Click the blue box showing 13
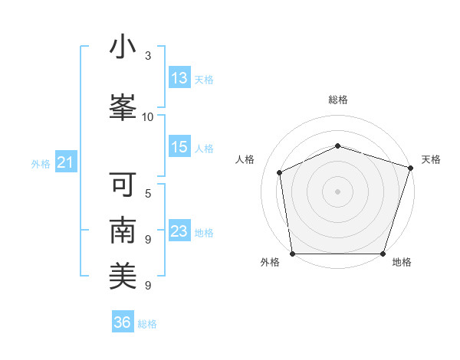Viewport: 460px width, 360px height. (x=179, y=78)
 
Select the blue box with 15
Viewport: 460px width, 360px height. (x=179, y=148)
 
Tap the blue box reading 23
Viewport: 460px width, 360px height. (x=179, y=231)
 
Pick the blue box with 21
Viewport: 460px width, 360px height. (x=66, y=162)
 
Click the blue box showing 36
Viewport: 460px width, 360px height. (x=123, y=322)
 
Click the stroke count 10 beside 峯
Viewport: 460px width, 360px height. (x=148, y=117)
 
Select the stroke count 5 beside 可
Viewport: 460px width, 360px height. (x=148, y=193)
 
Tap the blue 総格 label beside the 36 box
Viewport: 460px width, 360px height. (x=147, y=324)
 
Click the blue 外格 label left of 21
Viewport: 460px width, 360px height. (x=41, y=164)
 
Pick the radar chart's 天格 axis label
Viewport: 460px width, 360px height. (x=431, y=159)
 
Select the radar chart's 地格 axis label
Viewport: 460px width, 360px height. (x=401, y=262)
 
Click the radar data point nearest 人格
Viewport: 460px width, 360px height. (x=280, y=172)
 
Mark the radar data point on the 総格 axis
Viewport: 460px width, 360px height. (x=337, y=146)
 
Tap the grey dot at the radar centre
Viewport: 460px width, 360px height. (x=337, y=191)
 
